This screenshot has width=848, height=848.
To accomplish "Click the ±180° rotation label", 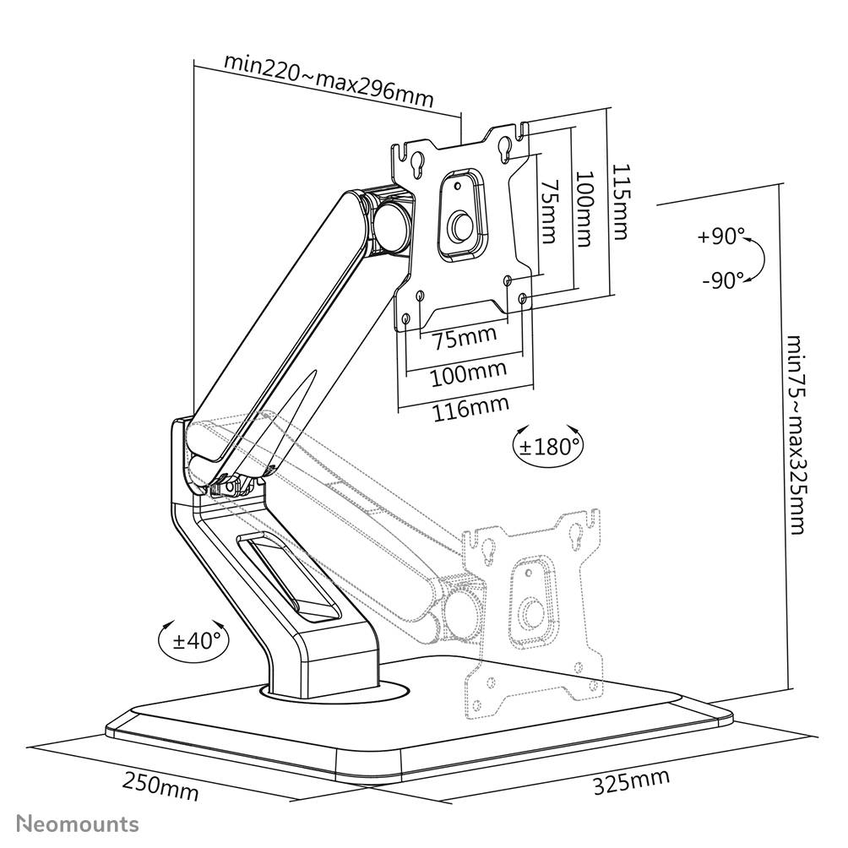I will pos(548,445).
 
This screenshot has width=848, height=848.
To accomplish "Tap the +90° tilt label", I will pos(721,237).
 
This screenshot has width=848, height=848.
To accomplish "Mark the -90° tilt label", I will pos(723,280).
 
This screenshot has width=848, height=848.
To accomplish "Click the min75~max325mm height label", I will pos(794,435).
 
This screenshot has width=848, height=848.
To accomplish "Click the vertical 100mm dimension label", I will pos(583,209).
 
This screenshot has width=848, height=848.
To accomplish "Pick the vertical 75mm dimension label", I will pos(549,211).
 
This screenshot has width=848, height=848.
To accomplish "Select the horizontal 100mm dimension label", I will pos(468,372).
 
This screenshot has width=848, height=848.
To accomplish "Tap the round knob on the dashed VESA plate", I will pos(531,612).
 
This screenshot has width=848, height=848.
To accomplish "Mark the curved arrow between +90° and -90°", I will pos(757,258).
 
